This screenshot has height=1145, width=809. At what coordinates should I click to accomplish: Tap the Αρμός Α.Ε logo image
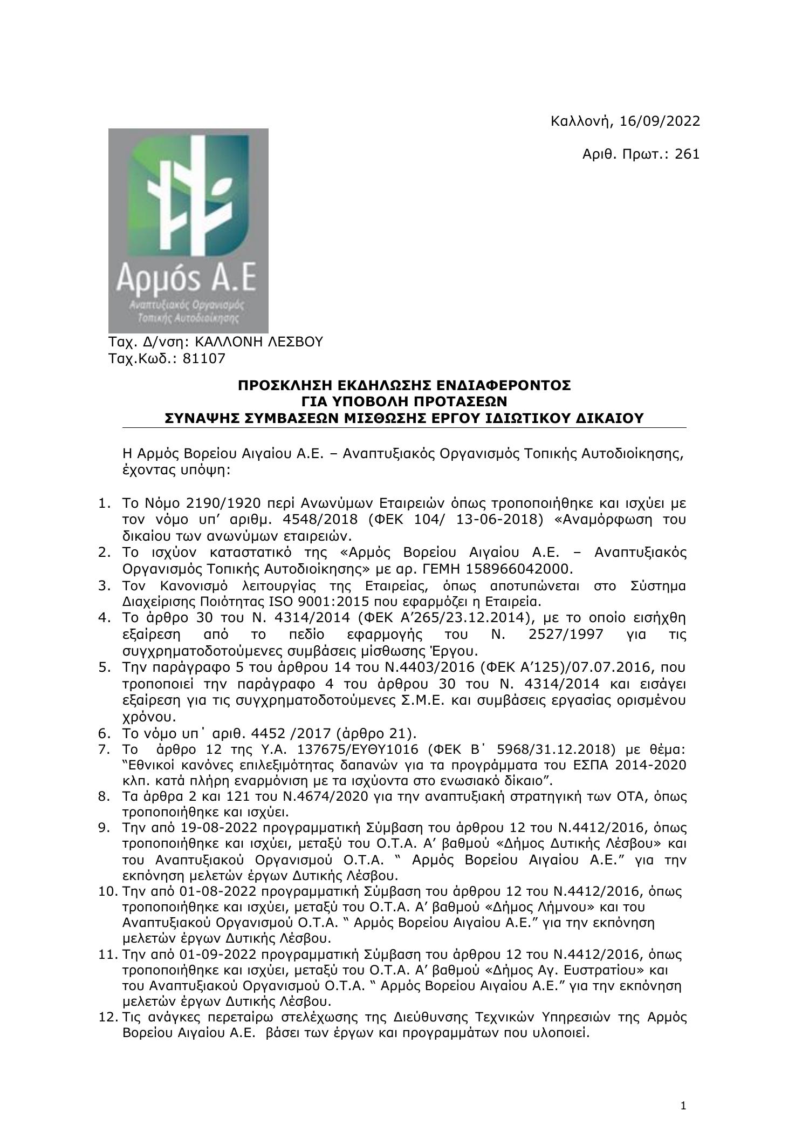(188, 230)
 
